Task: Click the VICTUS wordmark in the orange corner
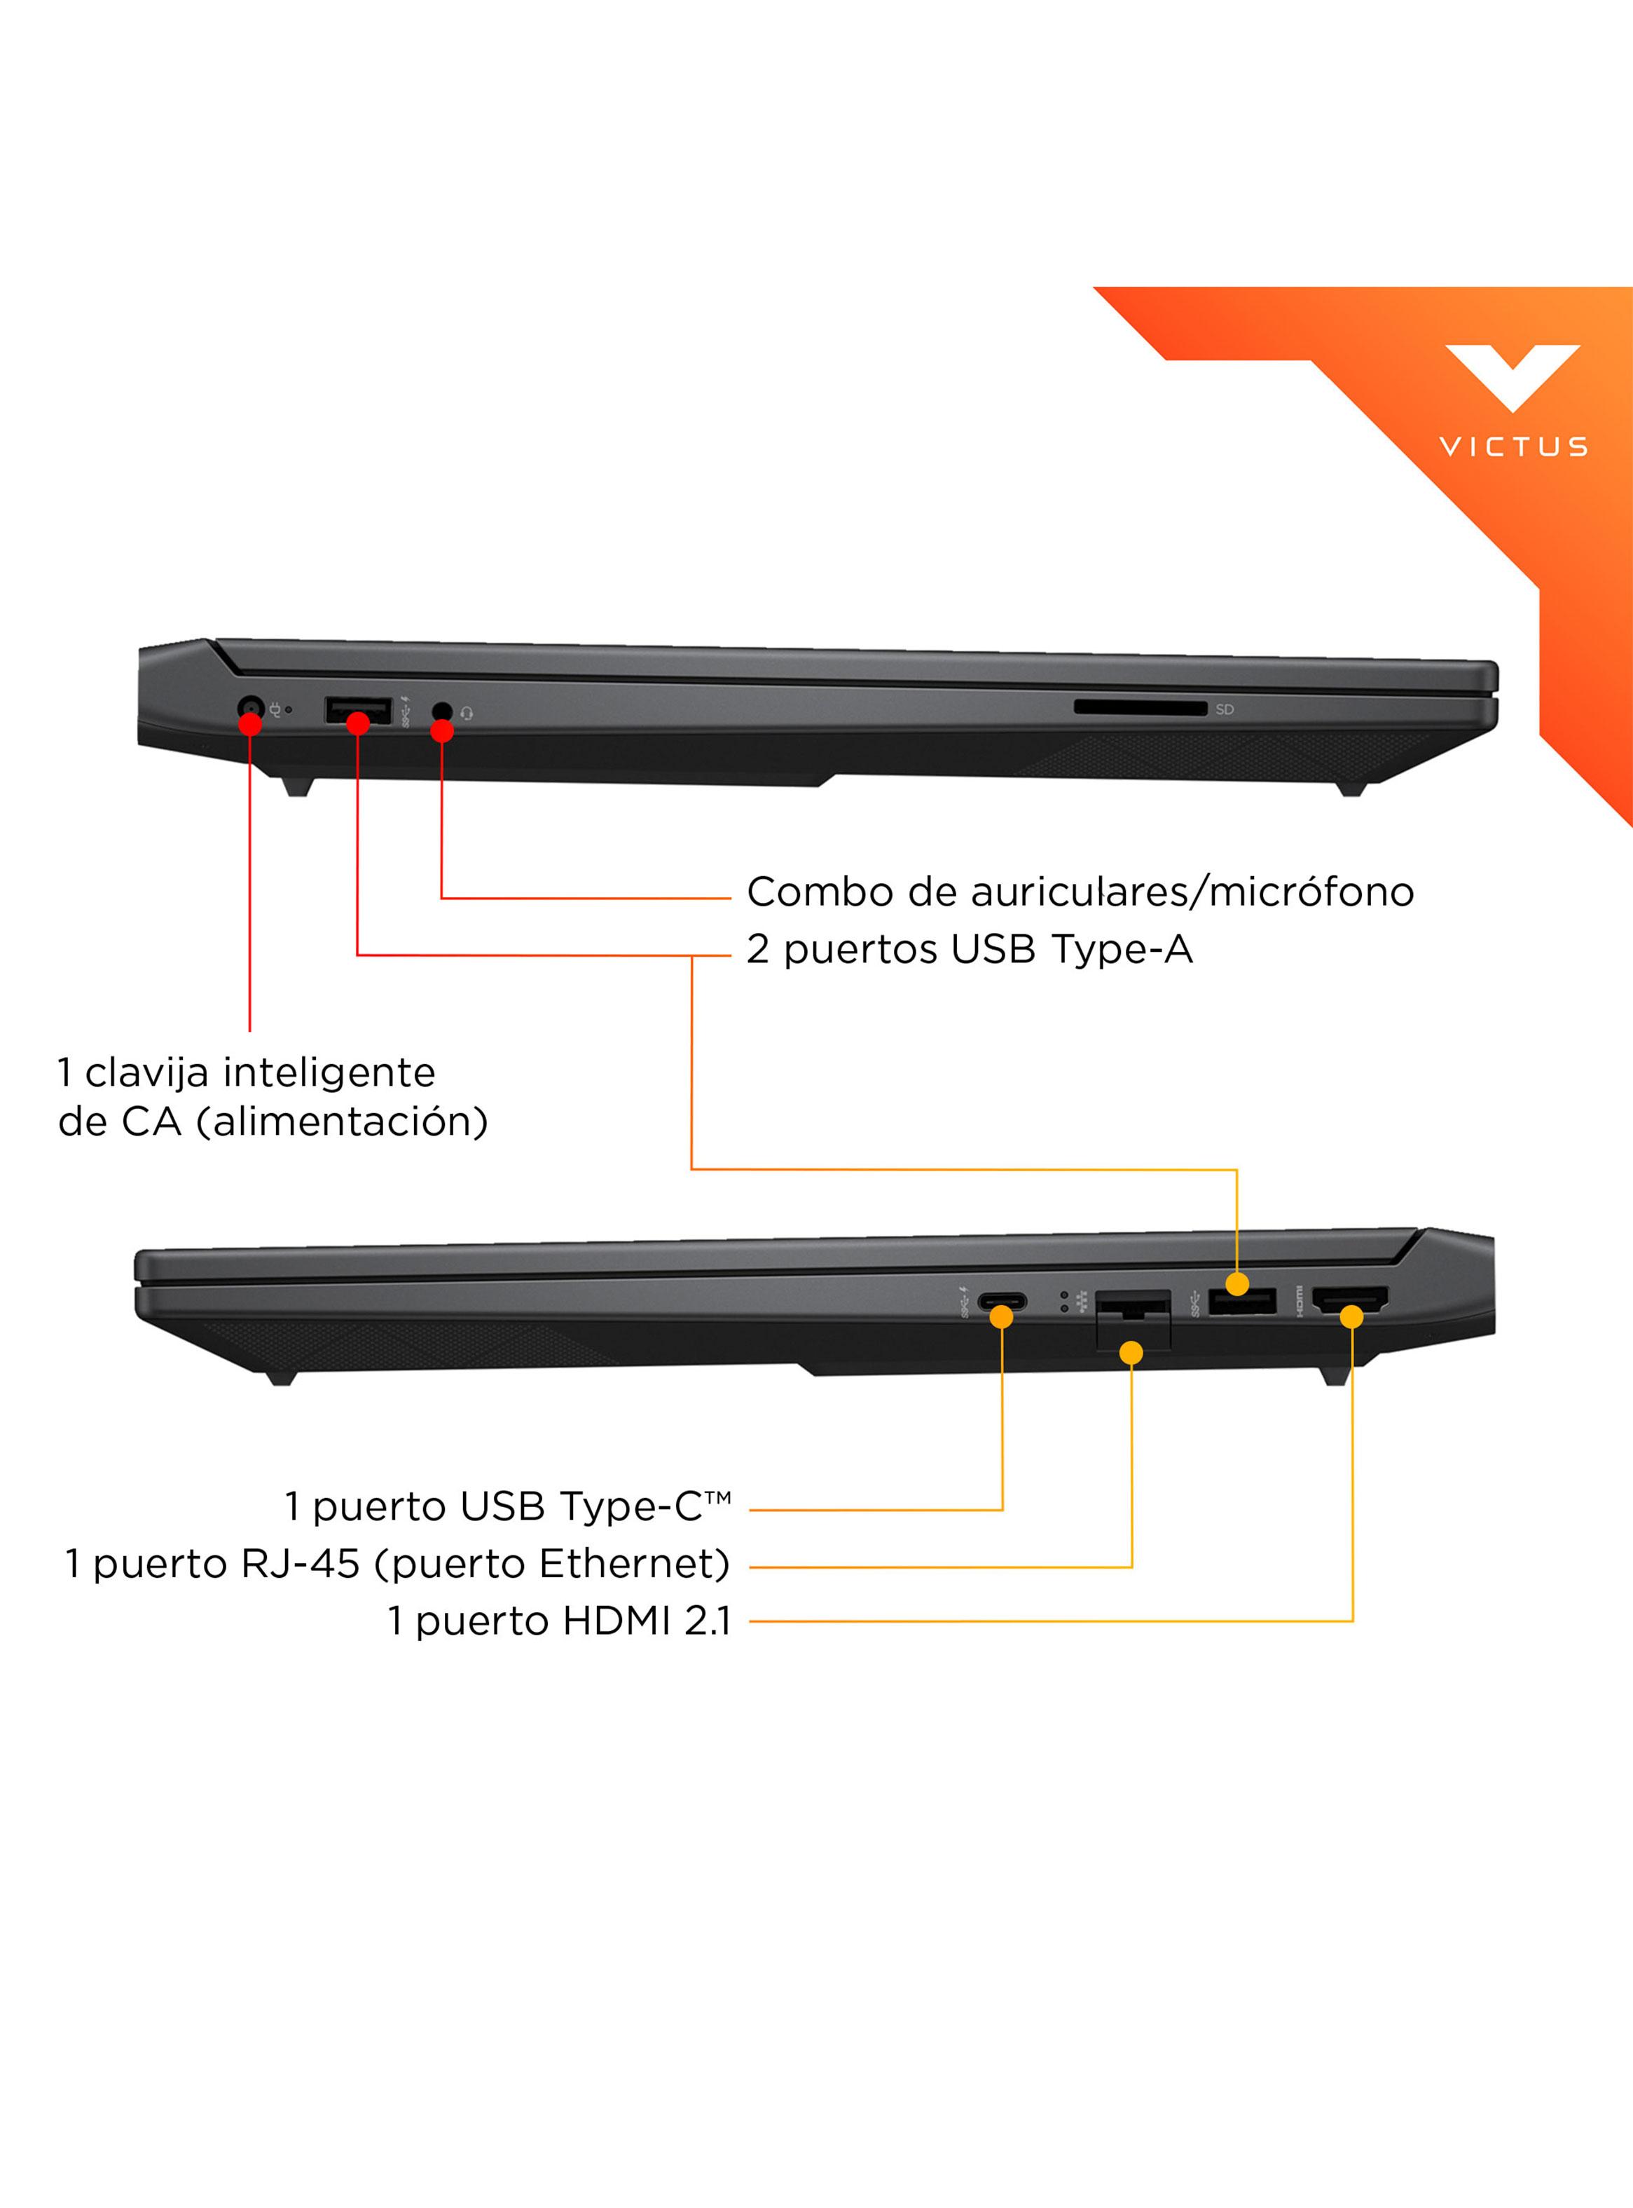click(1513, 447)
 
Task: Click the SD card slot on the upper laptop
click(1140, 708)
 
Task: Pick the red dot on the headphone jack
click(443, 730)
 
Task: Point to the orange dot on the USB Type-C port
click(1001, 1316)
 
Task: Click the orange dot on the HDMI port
click(1351, 1316)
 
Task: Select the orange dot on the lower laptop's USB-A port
click(1236, 1284)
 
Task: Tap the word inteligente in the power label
click(327, 1072)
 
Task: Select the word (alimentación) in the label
click(342, 1122)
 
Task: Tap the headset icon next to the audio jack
click(467, 713)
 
